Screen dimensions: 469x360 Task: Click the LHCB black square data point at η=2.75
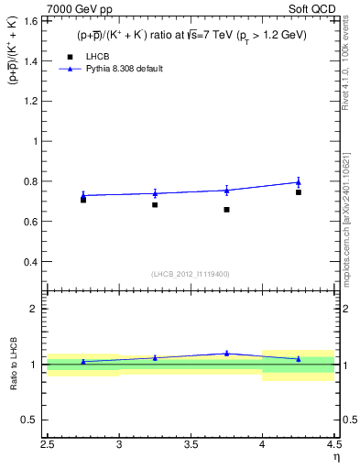pos(83,199)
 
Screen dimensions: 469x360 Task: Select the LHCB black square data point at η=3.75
pos(226,210)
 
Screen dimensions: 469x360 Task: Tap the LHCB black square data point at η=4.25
pos(299,192)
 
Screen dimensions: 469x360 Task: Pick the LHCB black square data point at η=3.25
pos(155,205)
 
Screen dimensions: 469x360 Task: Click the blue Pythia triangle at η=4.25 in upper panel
pos(299,182)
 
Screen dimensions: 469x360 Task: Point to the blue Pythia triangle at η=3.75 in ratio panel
pos(226,353)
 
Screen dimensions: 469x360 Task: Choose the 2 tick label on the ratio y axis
pos(33,309)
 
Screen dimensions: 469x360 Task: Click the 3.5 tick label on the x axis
pos(191,446)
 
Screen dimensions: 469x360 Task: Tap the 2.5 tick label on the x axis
pos(48,446)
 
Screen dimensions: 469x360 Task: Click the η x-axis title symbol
pos(335,457)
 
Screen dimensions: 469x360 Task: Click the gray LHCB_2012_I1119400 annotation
pos(191,274)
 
